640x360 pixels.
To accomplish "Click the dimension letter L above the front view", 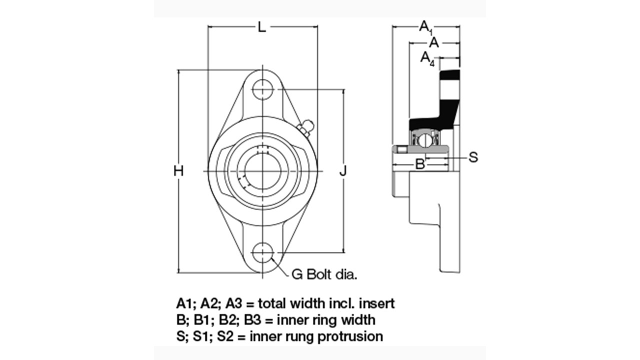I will pyautogui.click(x=261, y=27).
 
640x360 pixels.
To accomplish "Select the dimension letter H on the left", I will pyautogui.click(x=178, y=171).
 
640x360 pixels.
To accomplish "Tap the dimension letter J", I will pyautogui.click(x=343, y=171).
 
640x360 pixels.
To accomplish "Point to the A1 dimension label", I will pyautogui.click(x=425, y=26).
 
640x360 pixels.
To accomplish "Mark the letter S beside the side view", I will pyautogui.click(x=473, y=157).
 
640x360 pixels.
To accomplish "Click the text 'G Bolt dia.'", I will pyautogui.click(x=324, y=274).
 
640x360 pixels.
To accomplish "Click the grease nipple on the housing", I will pyautogui.click(x=305, y=126).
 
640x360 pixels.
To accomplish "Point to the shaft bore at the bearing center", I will pyautogui.click(x=262, y=171).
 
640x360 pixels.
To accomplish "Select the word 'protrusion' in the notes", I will pyautogui.click(x=352, y=336).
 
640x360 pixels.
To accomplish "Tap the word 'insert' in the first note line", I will pyautogui.click(x=378, y=303).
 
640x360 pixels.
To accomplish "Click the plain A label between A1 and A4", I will pyautogui.click(x=434, y=43).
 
